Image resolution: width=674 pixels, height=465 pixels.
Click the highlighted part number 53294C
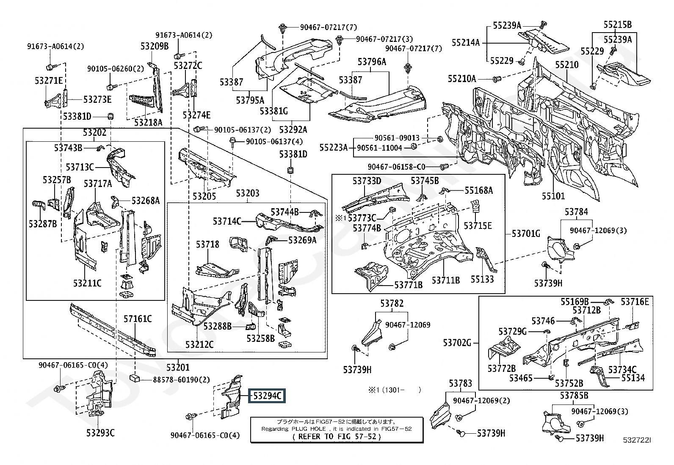267,396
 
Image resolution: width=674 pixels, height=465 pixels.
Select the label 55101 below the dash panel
553,196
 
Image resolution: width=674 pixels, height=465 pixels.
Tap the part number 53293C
100,432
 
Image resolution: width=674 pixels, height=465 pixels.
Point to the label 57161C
138,319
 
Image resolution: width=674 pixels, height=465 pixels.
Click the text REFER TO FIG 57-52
337,437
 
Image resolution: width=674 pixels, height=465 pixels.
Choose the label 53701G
526,233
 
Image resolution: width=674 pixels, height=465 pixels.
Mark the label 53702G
457,343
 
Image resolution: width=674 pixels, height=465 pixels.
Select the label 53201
178,367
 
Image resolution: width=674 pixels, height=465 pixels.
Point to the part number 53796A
372,62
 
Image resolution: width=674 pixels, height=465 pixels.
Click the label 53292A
293,129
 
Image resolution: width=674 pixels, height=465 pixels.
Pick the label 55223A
334,147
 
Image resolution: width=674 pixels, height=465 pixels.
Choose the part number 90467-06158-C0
396,167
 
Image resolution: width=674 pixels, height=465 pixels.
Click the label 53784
576,212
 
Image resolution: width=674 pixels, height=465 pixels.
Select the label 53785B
574,395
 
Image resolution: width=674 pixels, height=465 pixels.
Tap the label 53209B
155,46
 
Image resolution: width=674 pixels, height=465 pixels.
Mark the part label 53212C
199,344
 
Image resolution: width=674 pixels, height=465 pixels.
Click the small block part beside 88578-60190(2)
135,377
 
